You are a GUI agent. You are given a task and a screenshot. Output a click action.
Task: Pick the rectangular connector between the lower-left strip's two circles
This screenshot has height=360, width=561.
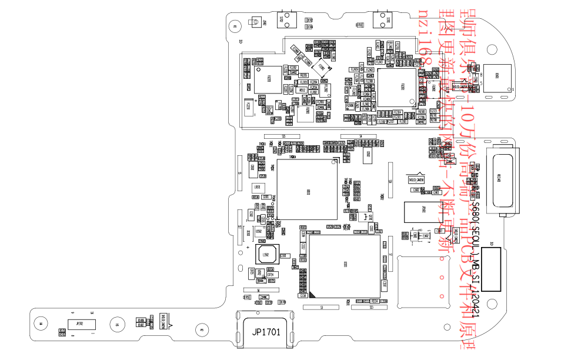[79, 323]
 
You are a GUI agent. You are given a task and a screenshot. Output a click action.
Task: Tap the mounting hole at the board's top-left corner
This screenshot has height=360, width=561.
[235, 25]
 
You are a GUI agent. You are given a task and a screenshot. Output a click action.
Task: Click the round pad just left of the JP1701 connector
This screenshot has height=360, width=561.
[201, 329]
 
